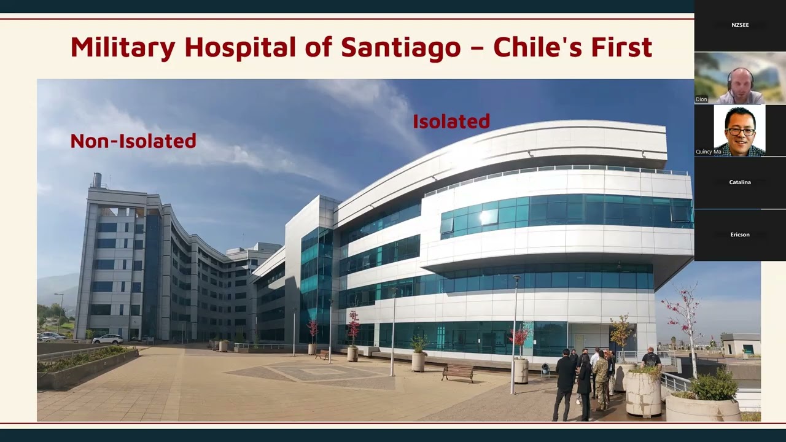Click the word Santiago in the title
pos(401,48)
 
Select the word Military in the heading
pos(123,48)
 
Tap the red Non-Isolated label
pos(133,141)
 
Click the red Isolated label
pos(451,122)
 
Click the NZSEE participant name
pos(740,25)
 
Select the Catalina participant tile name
pos(740,182)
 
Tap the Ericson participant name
pos(740,235)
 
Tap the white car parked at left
pos(107,339)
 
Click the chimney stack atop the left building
pos(97,180)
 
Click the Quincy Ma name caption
pos(709,152)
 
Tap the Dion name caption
pos(701,99)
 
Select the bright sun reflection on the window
pos(489,217)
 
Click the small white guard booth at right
pos(740,346)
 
